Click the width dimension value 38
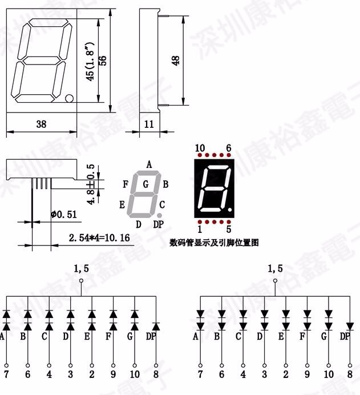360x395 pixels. (x=41, y=124)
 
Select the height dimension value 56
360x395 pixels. (x=103, y=61)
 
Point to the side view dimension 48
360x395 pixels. (x=176, y=60)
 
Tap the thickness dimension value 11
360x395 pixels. (x=149, y=124)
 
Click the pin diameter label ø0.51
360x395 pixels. (x=63, y=215)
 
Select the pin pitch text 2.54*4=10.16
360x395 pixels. (x=99, y=237)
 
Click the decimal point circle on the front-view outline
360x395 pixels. (x=70, y=98)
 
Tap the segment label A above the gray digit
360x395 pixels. (x=149, y=164)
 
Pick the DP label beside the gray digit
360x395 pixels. (x=159, y=224)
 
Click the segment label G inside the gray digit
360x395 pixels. (x=145, y=184)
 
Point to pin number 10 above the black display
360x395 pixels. (x=200, y=148)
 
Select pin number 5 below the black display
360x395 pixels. (x=229, y=229)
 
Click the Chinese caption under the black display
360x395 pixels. (x=214, y=243)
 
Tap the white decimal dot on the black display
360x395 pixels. (x=229, y=213)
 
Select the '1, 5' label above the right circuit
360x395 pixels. (x=274, y=268)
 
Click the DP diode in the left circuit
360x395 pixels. (x=156, y=325)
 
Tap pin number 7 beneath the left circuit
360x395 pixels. (x=7, y=374)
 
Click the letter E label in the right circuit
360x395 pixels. (x=281, y=336)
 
